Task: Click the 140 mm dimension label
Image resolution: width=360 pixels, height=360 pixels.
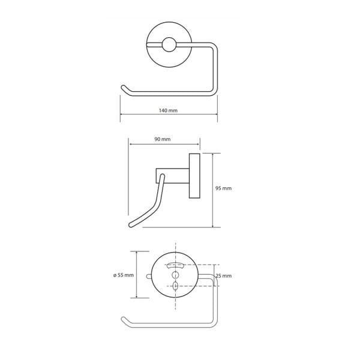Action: (168, 110)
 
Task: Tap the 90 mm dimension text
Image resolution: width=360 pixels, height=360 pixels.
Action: (163, 139)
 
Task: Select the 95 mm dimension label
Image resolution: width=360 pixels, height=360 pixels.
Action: (223, 188)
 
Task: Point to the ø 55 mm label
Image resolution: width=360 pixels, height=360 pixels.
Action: (124, 275)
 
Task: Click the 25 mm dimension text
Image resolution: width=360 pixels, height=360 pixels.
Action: (223, 276)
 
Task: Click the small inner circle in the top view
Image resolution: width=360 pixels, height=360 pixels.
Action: (169, 44)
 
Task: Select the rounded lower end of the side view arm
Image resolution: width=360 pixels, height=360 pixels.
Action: (131, 225)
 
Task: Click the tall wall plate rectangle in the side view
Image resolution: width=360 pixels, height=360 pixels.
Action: (194, 176)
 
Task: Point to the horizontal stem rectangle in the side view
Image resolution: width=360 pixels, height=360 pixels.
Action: (173, 176)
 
